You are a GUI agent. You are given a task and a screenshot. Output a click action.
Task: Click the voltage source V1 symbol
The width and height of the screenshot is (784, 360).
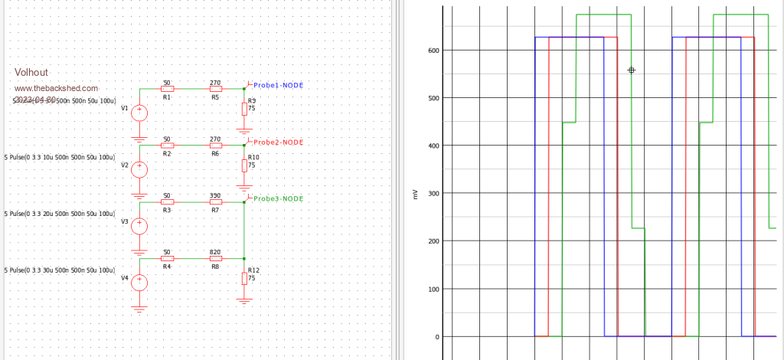coord(139,113)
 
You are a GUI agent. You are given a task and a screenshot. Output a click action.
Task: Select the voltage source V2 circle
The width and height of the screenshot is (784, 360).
coord(139,169)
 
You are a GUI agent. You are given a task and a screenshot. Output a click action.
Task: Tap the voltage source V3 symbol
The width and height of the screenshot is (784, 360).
coord(139,225)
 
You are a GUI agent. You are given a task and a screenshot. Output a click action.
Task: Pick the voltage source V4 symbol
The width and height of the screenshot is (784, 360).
coord(139,281)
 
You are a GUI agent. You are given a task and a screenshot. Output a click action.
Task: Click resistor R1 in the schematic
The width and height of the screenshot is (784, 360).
coord(167,88)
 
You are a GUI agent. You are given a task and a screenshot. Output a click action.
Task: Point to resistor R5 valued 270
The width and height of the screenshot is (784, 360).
coord(215,88)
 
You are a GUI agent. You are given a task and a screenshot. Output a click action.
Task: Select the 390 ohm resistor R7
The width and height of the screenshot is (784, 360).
coord(215,202)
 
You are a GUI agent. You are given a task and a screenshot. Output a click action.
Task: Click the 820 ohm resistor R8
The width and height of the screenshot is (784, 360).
coord(215,258)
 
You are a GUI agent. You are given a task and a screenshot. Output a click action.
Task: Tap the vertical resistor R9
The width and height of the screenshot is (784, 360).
coord(244,109)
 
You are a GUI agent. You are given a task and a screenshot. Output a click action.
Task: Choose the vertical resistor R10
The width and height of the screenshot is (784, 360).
coord(244,165)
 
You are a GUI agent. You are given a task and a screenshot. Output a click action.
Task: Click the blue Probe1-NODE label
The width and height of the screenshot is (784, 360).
coord(278,85)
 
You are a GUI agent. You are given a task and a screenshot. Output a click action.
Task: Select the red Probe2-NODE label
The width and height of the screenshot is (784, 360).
coord(278,142)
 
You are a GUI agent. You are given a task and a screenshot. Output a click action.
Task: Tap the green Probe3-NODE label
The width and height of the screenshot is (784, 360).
coord(278,198)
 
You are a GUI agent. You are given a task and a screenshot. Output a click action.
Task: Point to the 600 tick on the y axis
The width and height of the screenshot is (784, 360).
coord(433,51)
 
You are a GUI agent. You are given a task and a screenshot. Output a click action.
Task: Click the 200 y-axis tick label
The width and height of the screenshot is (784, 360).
coord(433,241)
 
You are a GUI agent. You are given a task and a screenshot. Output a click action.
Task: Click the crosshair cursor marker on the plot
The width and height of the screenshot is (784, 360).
coord(631,70)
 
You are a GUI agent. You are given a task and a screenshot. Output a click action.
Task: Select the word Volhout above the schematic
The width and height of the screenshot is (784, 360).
coord(31,72)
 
